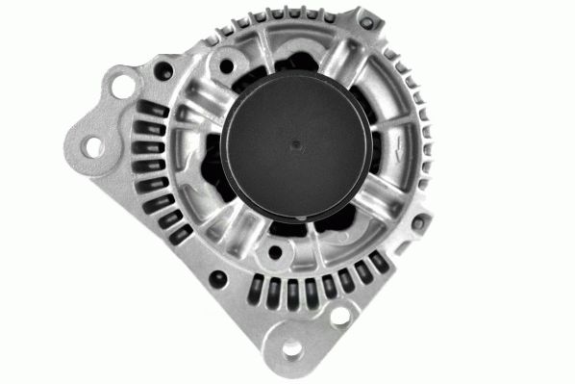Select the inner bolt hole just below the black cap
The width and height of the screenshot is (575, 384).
pos(276,253)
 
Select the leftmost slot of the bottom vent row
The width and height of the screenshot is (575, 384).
pos(254,285)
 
